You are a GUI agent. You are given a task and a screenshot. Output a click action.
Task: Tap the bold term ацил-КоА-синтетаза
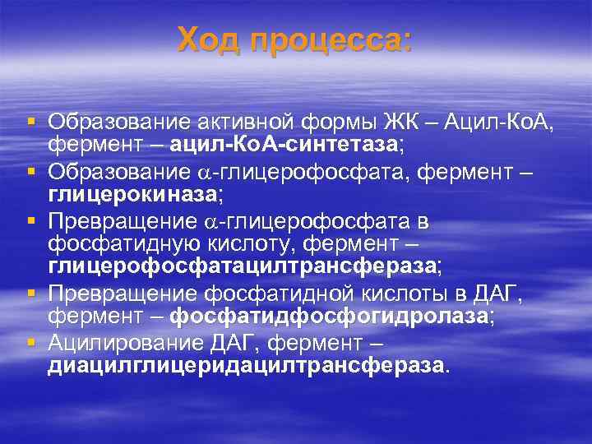click(x=284, y=145)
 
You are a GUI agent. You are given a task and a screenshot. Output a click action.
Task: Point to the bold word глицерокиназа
click(x=133, y=195)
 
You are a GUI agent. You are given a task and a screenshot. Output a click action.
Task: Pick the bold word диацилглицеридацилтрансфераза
click(x=246, y=365)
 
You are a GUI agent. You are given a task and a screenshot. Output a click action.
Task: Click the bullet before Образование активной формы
click(x=30, y=123)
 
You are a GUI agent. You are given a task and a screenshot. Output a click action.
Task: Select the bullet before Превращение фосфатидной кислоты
click(x=30, y=294)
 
